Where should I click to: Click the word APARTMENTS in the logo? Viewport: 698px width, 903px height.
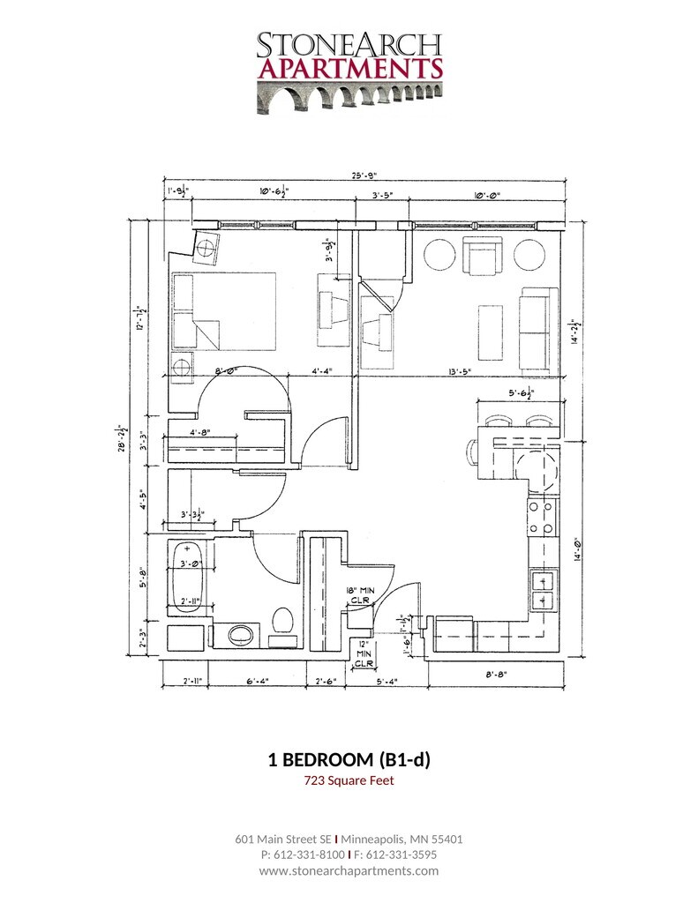click(349, 68)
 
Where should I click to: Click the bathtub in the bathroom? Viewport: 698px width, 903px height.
click(189, 578)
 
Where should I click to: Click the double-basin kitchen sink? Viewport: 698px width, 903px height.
click(542, 590)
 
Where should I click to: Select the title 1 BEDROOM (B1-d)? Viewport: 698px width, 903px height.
click(349, 759)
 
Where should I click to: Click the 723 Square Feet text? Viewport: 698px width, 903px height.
click(349, 780)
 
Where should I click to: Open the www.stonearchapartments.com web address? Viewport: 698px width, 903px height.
click(349, 870)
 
